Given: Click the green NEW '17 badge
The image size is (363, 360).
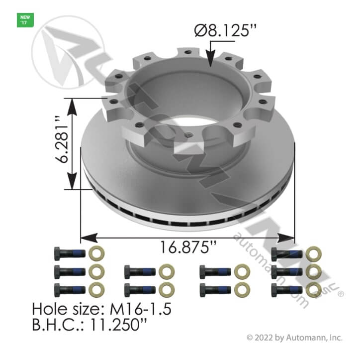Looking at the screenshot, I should [x=25, y=20].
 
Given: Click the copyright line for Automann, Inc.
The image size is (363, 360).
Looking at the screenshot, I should [x=294, y=338].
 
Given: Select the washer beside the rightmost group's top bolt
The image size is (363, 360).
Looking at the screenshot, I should [x=312, y=254].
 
